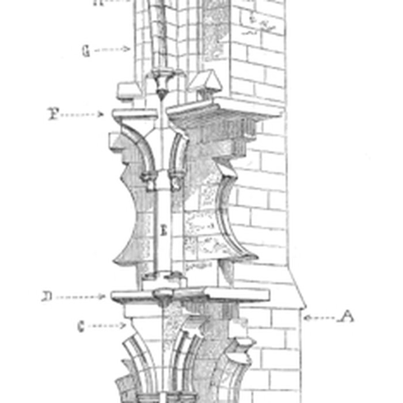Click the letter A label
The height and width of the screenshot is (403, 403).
point(346,316)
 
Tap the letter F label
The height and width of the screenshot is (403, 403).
point(54,114)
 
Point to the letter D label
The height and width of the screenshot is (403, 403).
point(47,297)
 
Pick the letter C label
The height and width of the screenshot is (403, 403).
point(81,326)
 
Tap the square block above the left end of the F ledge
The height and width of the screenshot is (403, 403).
point(126,90)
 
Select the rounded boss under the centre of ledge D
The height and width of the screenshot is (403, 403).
point(163,298)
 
